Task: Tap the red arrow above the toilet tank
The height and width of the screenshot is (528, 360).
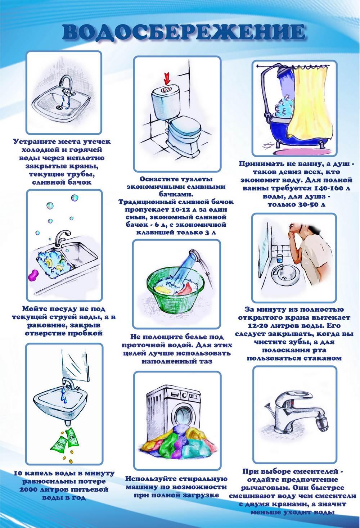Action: (167, 78)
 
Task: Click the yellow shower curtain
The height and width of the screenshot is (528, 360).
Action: (311, 104)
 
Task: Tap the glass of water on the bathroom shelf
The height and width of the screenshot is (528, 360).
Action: (279, 258)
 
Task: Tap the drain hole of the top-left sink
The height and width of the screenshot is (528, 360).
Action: (59, 107)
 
